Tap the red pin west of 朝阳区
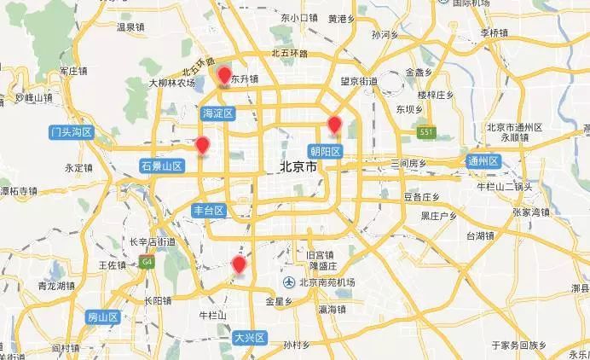334,125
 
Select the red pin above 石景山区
202,146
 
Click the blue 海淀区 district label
217,113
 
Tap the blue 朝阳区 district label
325,151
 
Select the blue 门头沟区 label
71,131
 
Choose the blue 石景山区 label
162,165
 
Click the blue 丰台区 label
208,210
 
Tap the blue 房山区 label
102,317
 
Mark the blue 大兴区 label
250,338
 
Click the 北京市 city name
298,167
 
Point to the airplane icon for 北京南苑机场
290,282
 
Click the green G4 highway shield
147,260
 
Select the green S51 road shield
425,131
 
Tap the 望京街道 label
359,81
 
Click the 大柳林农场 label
173,84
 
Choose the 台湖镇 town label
481,235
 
